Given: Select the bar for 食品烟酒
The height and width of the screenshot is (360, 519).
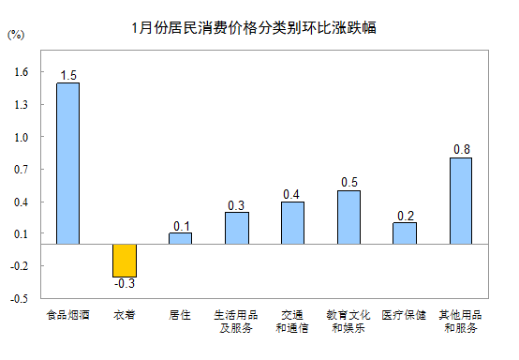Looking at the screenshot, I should tap(68, 163).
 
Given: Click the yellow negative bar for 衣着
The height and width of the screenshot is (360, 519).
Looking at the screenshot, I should tap(125, 260).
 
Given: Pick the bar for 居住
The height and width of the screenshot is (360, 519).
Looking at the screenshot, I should tap(180, 238).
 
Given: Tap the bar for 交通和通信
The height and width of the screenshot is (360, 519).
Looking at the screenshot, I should tap(292, 222).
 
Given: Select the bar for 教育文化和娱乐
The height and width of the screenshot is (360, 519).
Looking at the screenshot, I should tap(348, 217).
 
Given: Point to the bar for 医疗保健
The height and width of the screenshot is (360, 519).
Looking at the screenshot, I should tap(405, 232).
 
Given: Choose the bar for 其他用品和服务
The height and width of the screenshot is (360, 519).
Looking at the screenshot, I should tap(461, 201).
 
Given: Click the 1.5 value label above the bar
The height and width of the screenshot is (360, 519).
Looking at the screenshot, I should tap(68, 75).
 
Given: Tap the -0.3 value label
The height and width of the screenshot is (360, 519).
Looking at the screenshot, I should tap(125, 283).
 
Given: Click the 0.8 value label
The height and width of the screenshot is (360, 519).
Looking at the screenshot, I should tap(462, 150).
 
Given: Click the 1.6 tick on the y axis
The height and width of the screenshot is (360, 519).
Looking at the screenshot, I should tap(22, 72).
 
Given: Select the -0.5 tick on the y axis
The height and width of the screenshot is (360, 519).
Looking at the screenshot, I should tap(20, 299).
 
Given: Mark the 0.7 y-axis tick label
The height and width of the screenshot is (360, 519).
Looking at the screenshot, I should tap(22, 170).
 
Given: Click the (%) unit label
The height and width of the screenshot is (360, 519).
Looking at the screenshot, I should tap(16, 35).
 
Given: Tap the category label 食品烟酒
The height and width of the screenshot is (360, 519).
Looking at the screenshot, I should tap(68, 315).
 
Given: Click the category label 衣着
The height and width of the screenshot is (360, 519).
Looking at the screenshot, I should tap(125, 315).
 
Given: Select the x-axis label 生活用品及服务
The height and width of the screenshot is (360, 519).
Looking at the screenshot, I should tap(236, 322).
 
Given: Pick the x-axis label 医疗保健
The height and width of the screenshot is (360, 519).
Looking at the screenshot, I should tap(405, 315).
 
